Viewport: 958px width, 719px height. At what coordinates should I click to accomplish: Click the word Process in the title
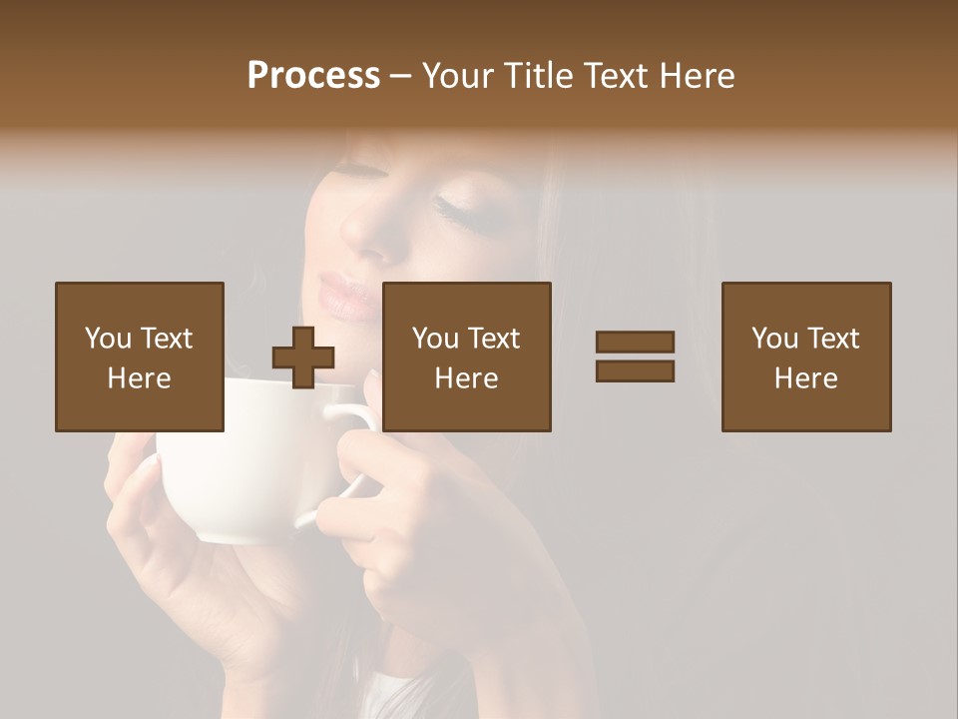[313, 76]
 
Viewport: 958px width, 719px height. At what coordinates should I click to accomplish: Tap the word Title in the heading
[538, 76]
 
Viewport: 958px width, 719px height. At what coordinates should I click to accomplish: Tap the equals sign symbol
[635, 357]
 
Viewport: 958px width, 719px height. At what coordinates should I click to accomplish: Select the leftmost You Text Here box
[140, 357]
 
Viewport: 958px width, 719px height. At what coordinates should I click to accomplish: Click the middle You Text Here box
[466, 357]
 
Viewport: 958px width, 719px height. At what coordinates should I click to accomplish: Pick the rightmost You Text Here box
[805, 357]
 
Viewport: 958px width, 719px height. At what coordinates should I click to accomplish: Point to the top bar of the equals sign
[635, 342]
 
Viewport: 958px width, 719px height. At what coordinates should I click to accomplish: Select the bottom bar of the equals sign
[635, 371]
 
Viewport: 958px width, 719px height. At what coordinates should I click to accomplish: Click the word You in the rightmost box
[774, 339]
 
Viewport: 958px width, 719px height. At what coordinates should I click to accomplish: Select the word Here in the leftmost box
[140, 378]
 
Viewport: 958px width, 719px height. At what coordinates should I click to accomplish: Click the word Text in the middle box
[493, 339]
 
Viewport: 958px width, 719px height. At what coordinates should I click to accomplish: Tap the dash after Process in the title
[401, 76]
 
